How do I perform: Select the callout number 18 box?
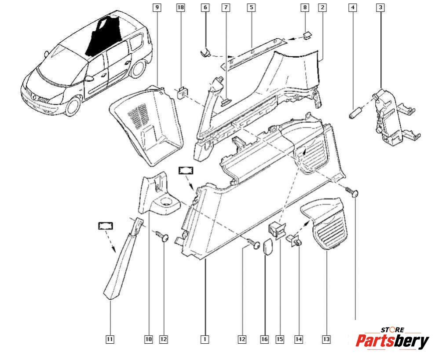(x=180, y=7)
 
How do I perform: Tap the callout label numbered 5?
(x=251, y=7)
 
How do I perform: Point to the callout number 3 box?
(x=380, y=7)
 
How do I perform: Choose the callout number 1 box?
(x=204, y=339)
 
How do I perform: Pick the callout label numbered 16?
(x=264, y=339)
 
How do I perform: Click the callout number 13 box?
(x=326, y=339)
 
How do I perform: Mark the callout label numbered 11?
(x=110, y=339)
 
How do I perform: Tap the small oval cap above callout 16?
(x=268, y=246)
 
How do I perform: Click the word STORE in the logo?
(x=392, y=329)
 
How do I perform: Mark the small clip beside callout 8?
(x=307, y=35)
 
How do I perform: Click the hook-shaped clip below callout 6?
(x=206, y=54)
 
